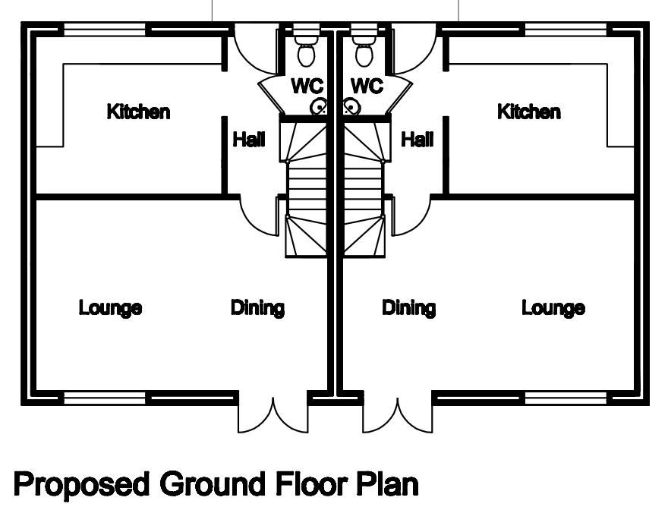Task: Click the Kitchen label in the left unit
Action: [x=138, y=112]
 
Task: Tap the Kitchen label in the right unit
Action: [x=528, y=112]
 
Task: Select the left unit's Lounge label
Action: [x=110, y=308]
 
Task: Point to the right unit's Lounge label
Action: [x=553, y=308]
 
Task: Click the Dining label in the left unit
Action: [x=257, y=308]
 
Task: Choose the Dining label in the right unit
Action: [x=408, y=308]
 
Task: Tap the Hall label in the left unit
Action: [x=249, y=140]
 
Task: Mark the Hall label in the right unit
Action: [x=417, y=140]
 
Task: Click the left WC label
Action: [x=307, y=86]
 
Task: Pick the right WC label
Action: [x=367, y=86]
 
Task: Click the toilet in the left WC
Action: [x=307, y=50]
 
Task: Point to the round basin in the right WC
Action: [x=351, y=108]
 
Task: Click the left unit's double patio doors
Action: [x=271, y=414]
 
